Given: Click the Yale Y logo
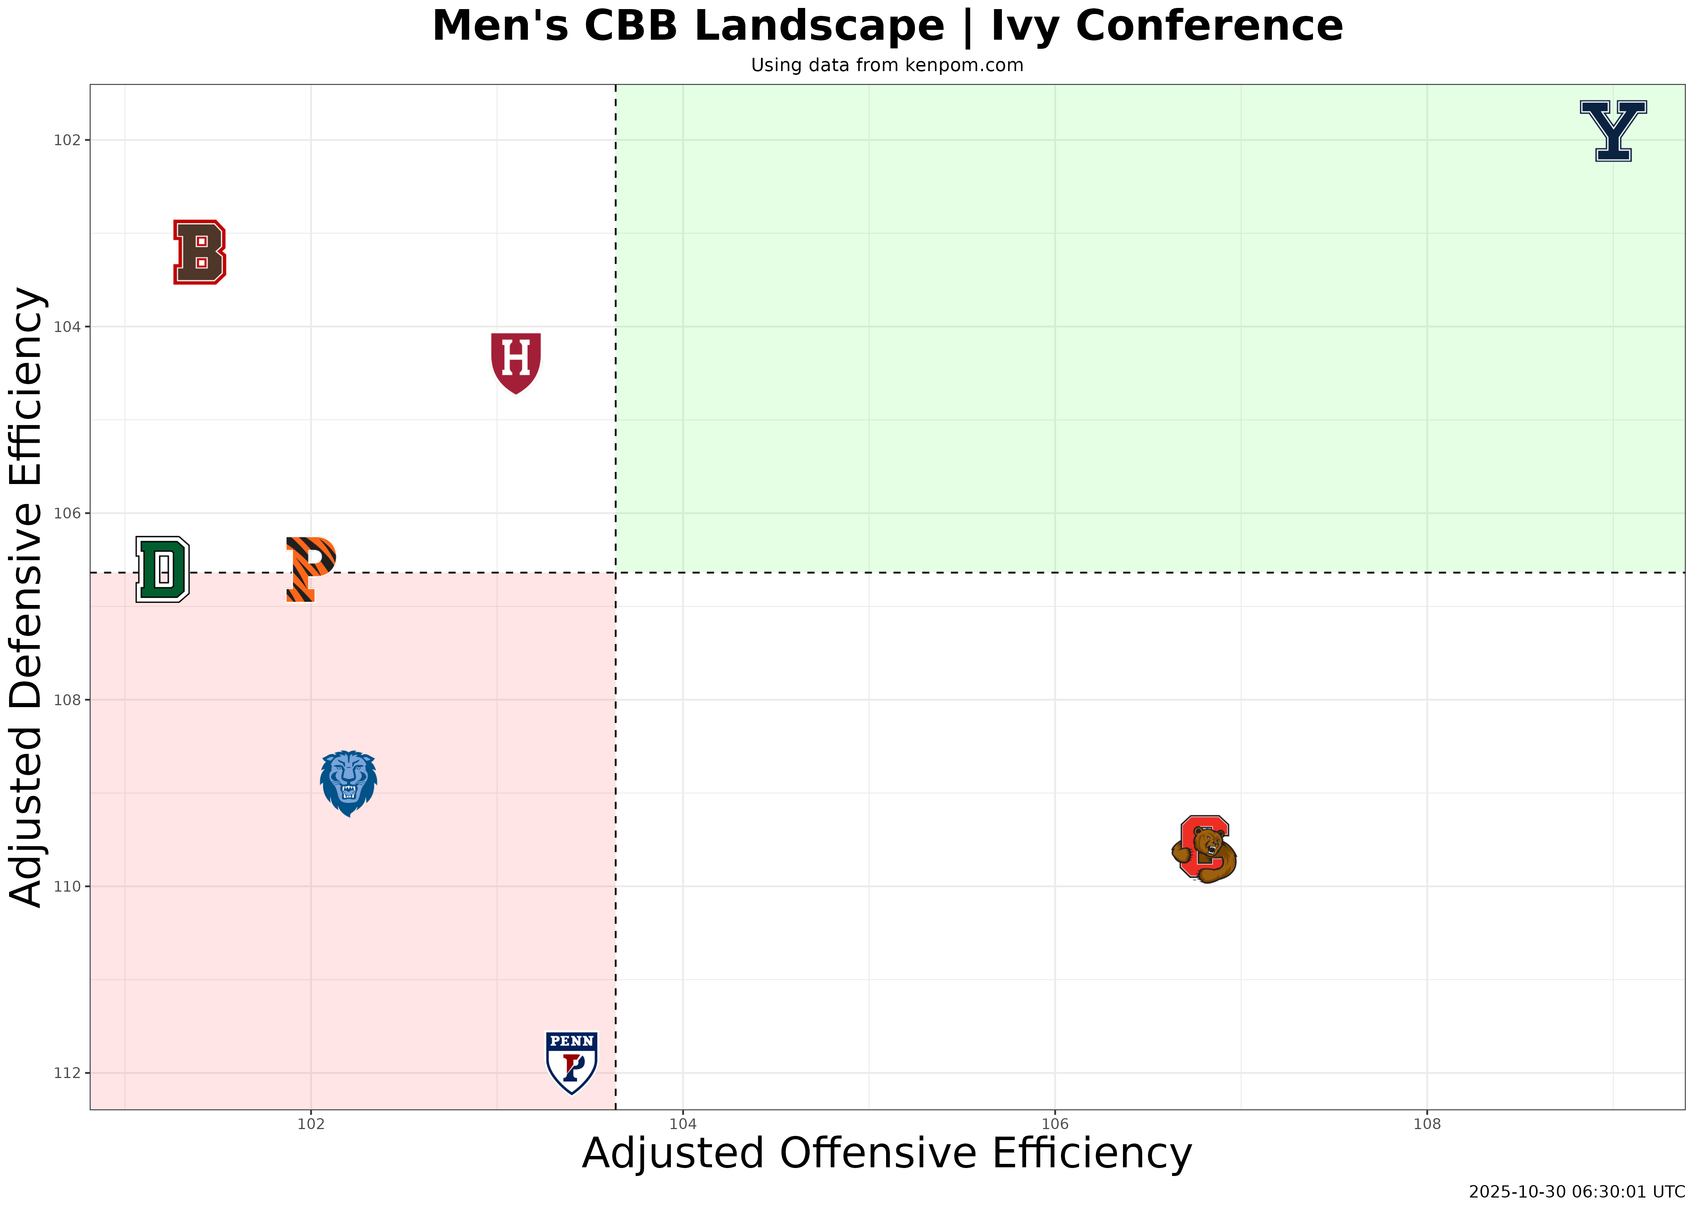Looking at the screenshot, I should [x=1613, y=131].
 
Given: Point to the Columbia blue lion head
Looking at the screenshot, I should [x=348, y=783].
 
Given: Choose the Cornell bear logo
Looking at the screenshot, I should [x=1204, y=849].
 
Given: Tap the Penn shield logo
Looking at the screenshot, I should [x=572, y=1063].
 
